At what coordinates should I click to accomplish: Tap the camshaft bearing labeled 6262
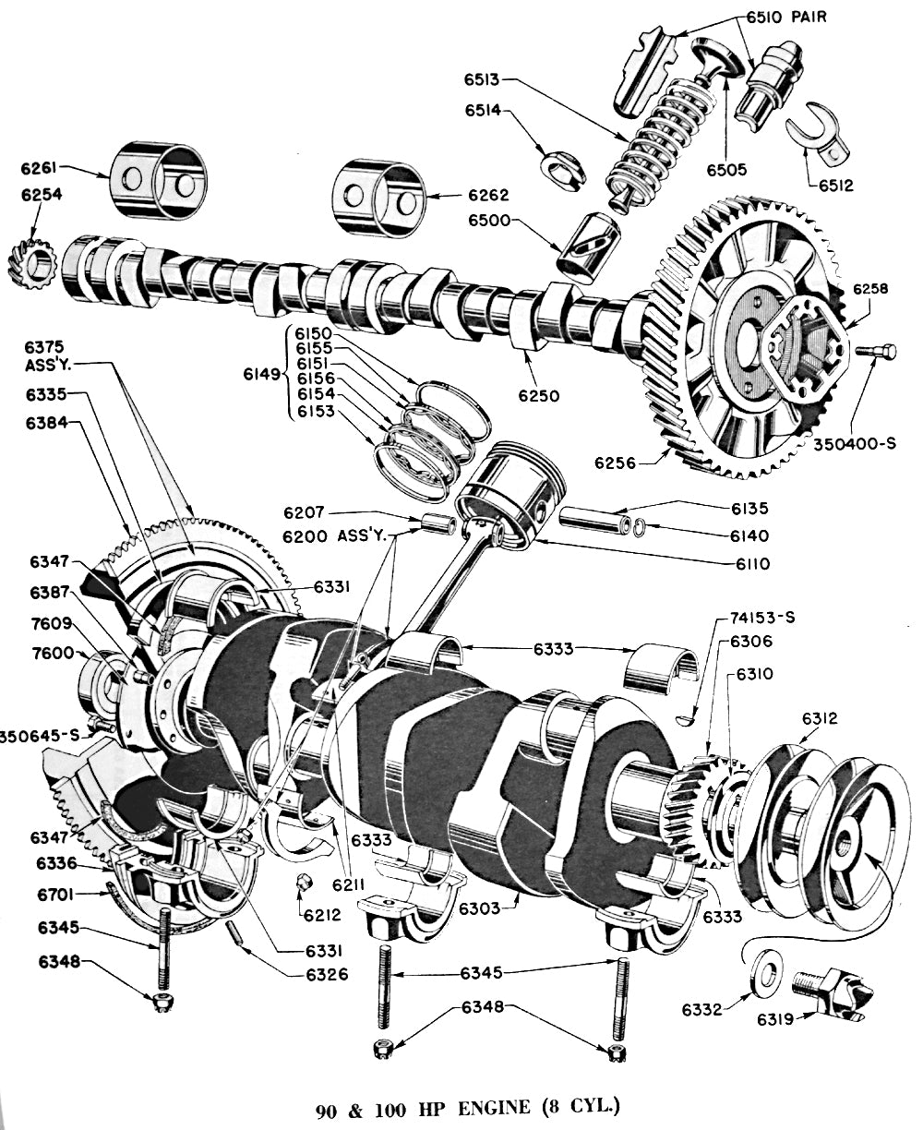[378, 198]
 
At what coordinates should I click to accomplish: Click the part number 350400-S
[855, 443]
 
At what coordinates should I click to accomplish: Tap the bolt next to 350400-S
[876, 351]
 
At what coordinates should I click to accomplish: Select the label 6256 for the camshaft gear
[615, 463]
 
